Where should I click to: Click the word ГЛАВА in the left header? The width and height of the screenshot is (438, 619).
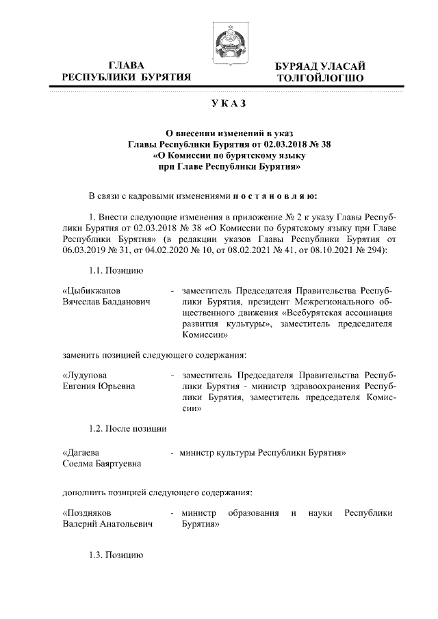127,66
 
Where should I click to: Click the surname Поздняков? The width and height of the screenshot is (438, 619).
87,512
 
